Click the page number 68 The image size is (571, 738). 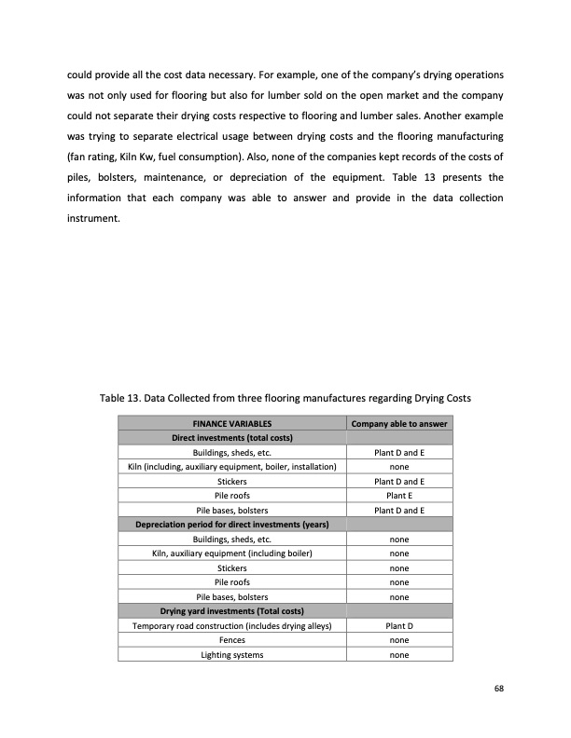pyautogui.click(x=500, y=689)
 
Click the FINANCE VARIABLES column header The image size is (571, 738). pyautogui.click(x=231, y=424)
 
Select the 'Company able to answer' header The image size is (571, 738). pyautogui.click(x=399, y=424)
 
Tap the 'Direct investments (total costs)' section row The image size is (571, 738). pyautogui.click(x=231, y=438)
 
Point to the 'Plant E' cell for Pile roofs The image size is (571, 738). pyautogui.click(x=399, y=496)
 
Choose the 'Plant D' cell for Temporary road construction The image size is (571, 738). pyautogui.click(x=399, y=626)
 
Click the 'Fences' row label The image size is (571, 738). pyautogui.click(x=231, y=640)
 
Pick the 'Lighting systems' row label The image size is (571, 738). pyautogui.click(x=231, y=655)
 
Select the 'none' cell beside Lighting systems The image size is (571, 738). pyautogui.click(x=399, y=655)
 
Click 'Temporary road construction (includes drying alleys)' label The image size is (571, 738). pyautogui.click(x=231, y=626)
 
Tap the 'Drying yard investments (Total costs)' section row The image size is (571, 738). pyautogui.click(x=231, y=611)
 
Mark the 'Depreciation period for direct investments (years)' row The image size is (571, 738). pyautogui.click(x=231, y=525)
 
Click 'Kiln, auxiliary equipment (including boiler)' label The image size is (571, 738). pyautogui.click(x=231, y=553)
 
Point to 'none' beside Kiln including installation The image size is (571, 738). pyautogui.click(x=399, y=467)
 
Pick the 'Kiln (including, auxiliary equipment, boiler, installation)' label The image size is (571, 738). pyautogui.click(x=231, y=467)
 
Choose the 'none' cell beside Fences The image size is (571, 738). pyautogui.click(x=399, y=640)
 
